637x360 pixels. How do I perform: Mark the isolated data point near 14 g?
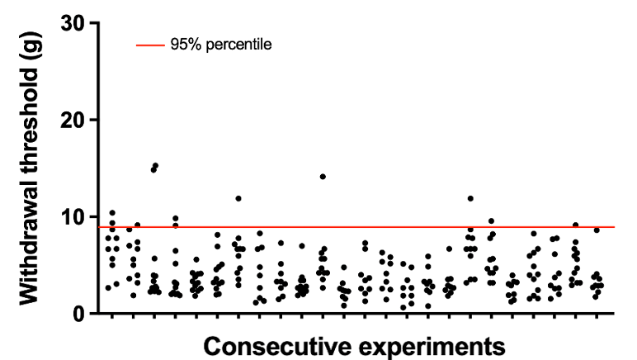click(323, 177)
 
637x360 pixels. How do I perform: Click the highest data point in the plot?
click(155, 166)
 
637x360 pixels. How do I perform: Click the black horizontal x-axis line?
click(355, 314)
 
